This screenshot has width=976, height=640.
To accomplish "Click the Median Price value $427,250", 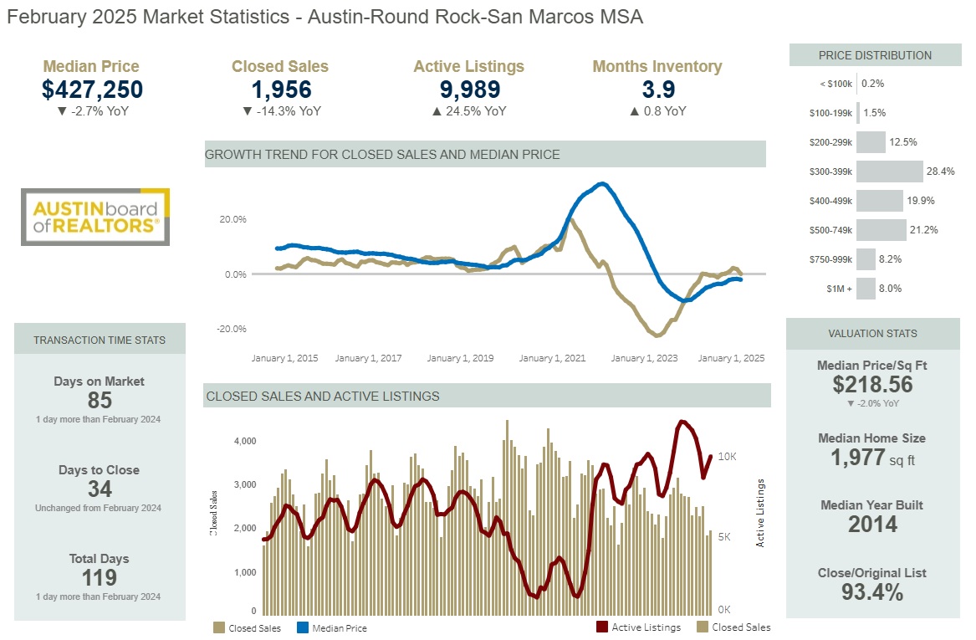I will click(92, 90).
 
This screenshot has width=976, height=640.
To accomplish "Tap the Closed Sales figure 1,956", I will click(281, 90).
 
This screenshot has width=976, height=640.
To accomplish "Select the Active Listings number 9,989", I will click(469, 90).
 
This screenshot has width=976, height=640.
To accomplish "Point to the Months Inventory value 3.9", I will click(657, 90).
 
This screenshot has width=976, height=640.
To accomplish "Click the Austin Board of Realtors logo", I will click(95, 217).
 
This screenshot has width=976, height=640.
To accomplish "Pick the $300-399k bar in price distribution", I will click(890, 172).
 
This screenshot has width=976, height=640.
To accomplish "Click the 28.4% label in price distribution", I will click(940, 172).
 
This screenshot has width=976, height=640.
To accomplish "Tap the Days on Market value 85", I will click(100, 400).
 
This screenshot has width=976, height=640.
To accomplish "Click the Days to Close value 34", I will click(100, 489).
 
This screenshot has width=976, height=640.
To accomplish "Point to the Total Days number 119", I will click(100, 577).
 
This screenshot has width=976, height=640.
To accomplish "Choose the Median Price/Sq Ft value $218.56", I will click(872, 385).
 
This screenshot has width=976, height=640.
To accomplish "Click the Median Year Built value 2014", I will click(872, 525).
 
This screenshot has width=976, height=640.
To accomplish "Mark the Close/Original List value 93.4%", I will click(872, 593).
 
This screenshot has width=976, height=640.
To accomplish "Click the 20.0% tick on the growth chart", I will click(233, 219).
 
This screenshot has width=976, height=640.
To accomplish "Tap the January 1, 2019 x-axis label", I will click(460, 358).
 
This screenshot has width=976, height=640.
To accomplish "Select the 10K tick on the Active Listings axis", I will click(726, 457).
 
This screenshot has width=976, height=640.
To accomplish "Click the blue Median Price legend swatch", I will click(303, 627).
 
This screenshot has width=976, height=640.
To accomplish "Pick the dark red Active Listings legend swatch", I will click(601, 627).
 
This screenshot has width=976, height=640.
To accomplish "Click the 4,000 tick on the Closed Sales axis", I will click(243, 441).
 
